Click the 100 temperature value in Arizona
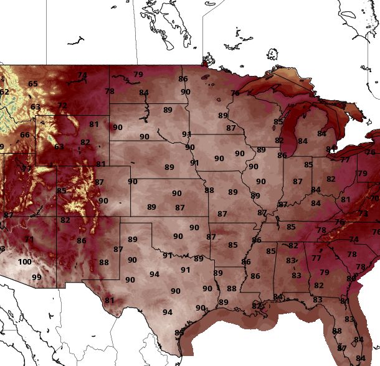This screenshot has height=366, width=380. (24, 262)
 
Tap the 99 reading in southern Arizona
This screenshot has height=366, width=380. (37, 277)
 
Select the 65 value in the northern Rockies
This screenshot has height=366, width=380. (33, 84)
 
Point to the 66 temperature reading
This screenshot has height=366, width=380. (25, 135)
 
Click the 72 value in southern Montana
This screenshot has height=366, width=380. (62, 106)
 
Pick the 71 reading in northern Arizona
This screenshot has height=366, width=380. (29, 239)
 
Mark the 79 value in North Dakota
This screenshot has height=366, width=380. (138, 75)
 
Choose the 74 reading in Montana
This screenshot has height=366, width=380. (82, 75)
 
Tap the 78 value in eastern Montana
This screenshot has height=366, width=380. (110, 91)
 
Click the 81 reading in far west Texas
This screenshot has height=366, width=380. (110, 301)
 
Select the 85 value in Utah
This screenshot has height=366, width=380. (62, 191)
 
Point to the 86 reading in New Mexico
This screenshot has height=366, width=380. (82, 240)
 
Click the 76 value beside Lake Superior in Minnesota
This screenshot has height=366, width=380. (235, 93)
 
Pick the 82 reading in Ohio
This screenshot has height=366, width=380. (331, 179)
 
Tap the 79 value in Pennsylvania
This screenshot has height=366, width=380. (362, 174)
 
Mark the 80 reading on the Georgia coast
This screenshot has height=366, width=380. (344, 301)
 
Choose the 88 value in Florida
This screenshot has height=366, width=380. (337, 331)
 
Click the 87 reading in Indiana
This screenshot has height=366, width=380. (298, 182)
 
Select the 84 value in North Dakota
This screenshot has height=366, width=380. (144, 93)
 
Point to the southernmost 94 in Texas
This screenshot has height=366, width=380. (168, 312)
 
